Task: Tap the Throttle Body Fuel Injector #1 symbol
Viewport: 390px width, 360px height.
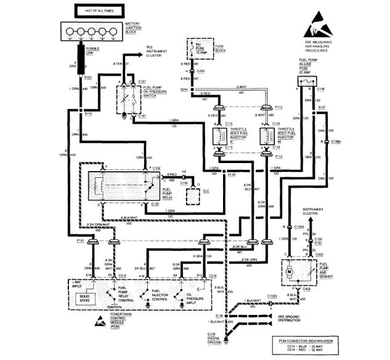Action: pos(217,136)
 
